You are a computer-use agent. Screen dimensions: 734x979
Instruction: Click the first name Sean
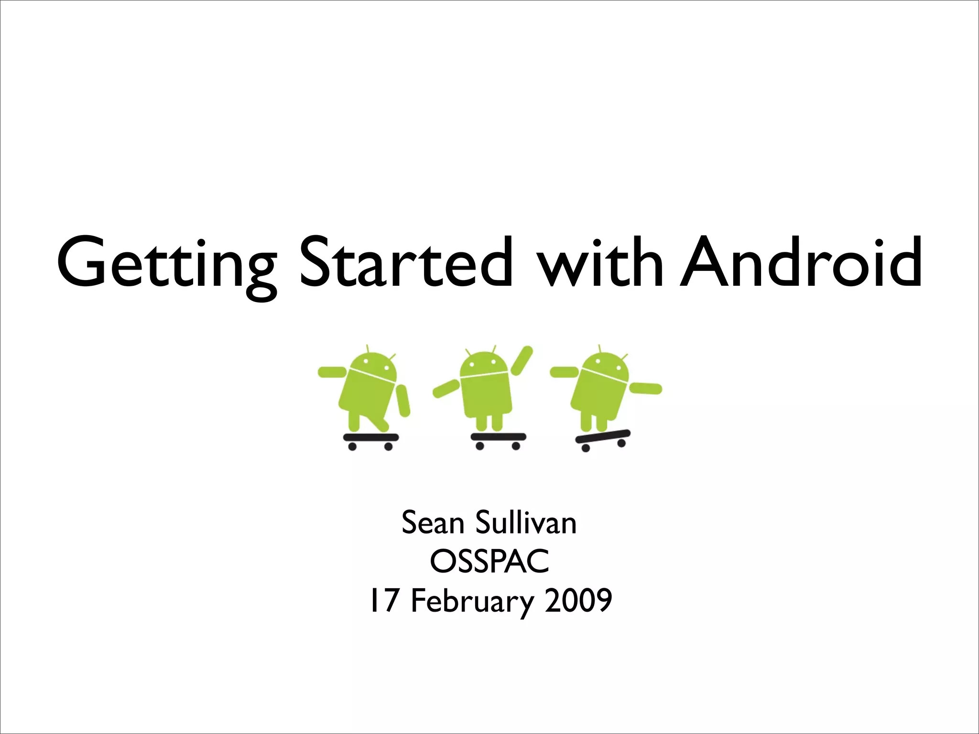coord(433,523)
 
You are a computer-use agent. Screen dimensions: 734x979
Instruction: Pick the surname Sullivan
coord(526,523)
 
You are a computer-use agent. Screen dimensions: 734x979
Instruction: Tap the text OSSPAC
coord(489,561)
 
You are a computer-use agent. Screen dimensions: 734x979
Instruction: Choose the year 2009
coord(578,601)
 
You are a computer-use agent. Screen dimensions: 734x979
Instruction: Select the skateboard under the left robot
coord(371,437)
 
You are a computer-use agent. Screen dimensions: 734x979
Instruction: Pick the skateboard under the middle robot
coord(498,437)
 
